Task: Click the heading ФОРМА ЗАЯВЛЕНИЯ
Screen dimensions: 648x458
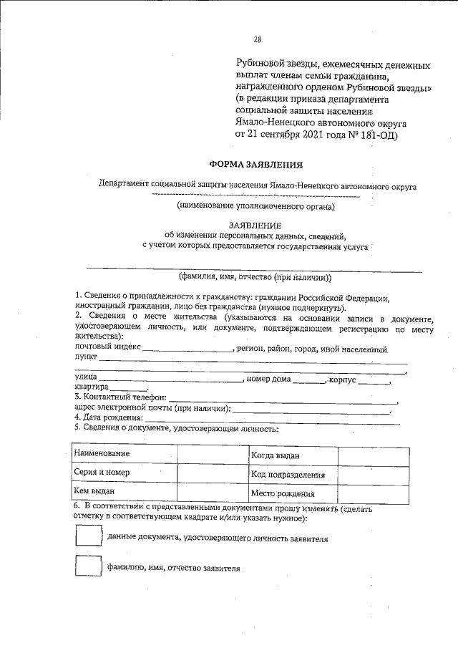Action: coord(255,164)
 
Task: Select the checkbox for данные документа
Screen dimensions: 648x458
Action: coord(89,538)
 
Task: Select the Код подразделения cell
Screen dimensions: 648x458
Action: coord(293,474)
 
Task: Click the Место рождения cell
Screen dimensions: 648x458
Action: coord(293,493)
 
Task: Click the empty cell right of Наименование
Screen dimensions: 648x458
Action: coord(213,455)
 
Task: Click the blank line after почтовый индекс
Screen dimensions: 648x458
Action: coord(188,351)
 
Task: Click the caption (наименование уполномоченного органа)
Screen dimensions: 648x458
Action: coord(255,206)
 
